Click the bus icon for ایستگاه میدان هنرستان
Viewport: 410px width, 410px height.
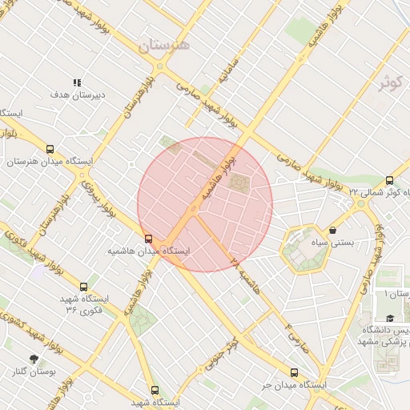point(50,149)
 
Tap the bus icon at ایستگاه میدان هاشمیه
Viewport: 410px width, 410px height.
point(148,239)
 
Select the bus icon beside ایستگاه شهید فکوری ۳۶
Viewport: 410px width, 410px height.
point(84,286)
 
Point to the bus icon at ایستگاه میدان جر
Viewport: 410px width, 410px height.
point(294,372)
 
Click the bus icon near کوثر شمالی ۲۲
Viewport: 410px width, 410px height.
point(389,180)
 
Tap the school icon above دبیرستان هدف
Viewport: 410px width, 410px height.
point(78,82)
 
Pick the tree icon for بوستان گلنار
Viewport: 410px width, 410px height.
point(33,359)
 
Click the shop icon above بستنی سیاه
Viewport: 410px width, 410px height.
point(332,231)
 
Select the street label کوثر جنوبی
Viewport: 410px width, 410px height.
point(221,353)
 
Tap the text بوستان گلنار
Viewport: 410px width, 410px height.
point(33,372)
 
